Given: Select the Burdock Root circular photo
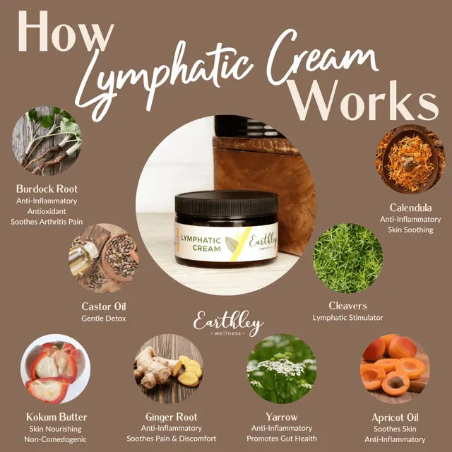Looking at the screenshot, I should [x=47, y=141].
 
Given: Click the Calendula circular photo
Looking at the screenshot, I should [x=410, y=160].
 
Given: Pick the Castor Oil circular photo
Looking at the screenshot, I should [x=103, y=258].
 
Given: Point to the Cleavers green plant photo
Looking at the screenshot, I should [x=347, y=258].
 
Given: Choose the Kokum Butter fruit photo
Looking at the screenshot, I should [x=55, y=369].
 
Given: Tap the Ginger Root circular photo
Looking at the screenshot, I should [x=169, y=369].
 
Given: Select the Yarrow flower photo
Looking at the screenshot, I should [x=281, y=369].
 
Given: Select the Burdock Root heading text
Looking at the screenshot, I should [x=47, y=189].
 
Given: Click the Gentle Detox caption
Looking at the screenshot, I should [x=103, y=318].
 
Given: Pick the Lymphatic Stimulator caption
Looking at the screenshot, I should [x=348, y=318].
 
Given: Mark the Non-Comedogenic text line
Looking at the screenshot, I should [x=56, y=439].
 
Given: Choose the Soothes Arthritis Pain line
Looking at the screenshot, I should [x=47, y=221].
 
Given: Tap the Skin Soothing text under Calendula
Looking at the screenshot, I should [x=410, y=230].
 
